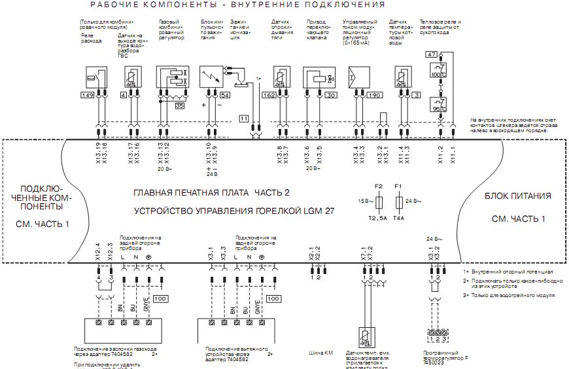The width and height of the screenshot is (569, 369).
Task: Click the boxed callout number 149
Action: [87, 96]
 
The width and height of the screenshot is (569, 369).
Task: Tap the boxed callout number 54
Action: [225, 96]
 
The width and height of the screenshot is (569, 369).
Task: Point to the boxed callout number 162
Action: [269, 96]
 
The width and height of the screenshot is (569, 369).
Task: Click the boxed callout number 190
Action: [374, 96]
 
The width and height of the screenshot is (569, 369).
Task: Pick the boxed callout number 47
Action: [430, 54]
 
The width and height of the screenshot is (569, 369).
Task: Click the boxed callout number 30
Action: [331, 96]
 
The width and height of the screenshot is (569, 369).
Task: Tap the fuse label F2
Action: [378, 186]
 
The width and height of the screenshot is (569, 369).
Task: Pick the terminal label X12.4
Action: [98, 251]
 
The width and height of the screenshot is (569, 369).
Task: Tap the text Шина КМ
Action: [321, 353]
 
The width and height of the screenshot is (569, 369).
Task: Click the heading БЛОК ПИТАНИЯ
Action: [517, 196]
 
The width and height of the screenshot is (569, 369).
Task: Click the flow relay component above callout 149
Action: [88, 77]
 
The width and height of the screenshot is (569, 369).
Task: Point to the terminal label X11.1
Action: [452, 153]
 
